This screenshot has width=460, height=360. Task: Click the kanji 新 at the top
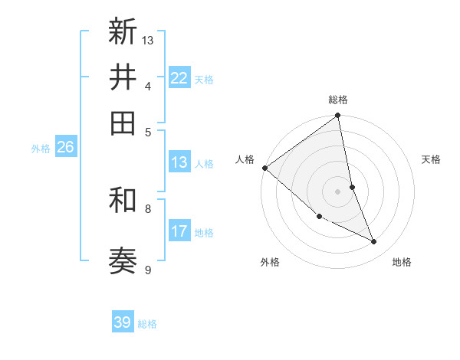(x=123, y=32)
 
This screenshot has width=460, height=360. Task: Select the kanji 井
(x=123, y=77)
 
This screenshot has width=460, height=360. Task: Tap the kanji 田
(x=123, y=123)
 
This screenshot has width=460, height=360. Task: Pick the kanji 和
(x=123, y=201)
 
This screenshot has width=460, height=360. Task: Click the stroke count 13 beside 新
(x=148, y=40)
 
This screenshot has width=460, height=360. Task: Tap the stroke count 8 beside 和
(x=148, y=208)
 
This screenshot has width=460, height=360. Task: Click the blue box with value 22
(x=179, y=78)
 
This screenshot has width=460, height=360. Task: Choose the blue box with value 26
(x=65, y=148)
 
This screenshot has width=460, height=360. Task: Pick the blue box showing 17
(x=179, y=231)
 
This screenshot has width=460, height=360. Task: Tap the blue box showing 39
(x=123, y=322)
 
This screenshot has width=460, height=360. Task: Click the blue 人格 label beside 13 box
(x=204, y=163)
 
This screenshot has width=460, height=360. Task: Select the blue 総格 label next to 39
(x=147, y=324)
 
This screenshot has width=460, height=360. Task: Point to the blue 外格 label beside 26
(x=41, y=149)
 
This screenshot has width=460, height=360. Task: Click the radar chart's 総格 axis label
(x=338, y=100)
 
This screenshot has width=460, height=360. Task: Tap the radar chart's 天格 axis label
(x=432, y=159)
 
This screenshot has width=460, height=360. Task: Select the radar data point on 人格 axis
(x=264, y=168)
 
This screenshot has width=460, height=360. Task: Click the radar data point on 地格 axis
(x=374, y=241)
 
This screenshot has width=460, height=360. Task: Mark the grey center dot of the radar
(x=338, y=191)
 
